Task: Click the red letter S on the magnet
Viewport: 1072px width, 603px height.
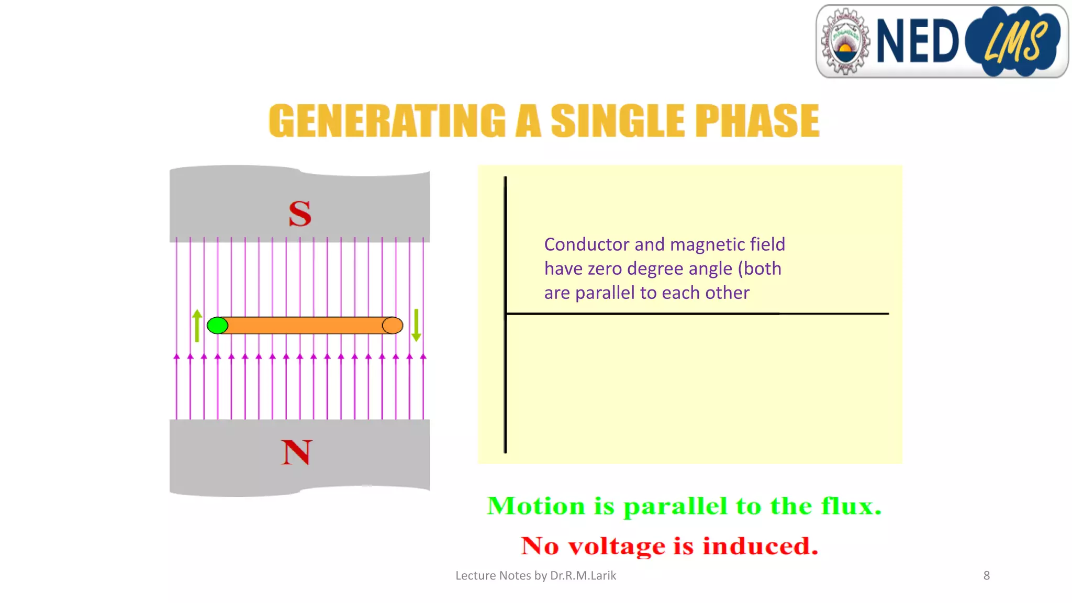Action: point(300,214)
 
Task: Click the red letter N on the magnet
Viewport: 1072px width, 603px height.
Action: point(296,452)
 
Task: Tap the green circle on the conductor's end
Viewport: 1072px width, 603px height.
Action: point(218,326)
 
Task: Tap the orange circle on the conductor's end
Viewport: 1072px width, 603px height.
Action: point(393,326)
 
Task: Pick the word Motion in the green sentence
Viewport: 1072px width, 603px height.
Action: point(536,506)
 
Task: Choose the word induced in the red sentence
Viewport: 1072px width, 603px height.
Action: point(760,546)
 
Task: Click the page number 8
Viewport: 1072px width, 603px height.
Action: point(987,576)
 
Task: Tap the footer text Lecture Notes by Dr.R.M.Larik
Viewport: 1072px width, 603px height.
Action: point(535,576)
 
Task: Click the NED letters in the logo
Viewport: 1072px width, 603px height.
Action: point(917,41)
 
